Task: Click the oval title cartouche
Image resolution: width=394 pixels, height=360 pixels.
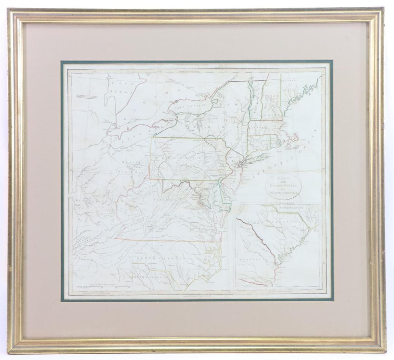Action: [284, 186]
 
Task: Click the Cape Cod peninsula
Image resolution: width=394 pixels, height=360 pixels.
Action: [296, 138]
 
